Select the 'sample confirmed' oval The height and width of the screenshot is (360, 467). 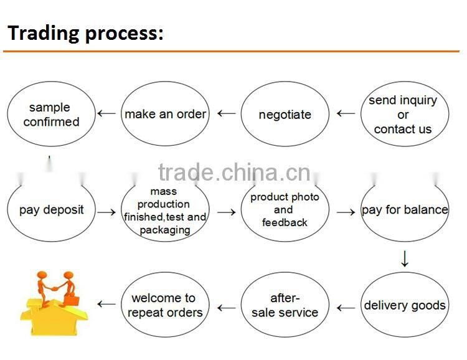point(52,115)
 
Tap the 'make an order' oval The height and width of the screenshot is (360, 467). point(165,114)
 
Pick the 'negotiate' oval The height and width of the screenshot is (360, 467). point(285,115)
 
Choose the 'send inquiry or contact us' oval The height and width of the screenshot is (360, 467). point(403,115)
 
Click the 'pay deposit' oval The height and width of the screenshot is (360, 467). point(52,210)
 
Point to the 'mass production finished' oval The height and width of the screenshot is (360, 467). point(165,211)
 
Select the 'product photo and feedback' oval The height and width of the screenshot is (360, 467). point(285,210)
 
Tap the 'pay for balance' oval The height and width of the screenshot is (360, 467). point(405,210)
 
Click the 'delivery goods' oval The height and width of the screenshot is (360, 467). point(405,305)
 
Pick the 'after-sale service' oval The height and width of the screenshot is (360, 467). point(285,305)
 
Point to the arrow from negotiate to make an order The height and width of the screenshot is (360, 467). point(226,114)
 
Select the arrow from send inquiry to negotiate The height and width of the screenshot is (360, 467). point(346,113)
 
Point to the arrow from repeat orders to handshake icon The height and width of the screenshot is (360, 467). point(106,305)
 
